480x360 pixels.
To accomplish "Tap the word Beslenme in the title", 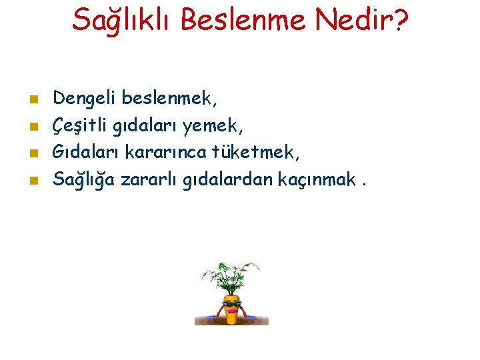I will tap(241, 20).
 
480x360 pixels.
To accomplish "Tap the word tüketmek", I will tap(256, 153).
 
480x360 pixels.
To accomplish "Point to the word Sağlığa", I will tap(83, 179).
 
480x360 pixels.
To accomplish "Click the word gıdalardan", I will tap(219, 179).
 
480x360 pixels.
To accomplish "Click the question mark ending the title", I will tap(399, 20).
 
